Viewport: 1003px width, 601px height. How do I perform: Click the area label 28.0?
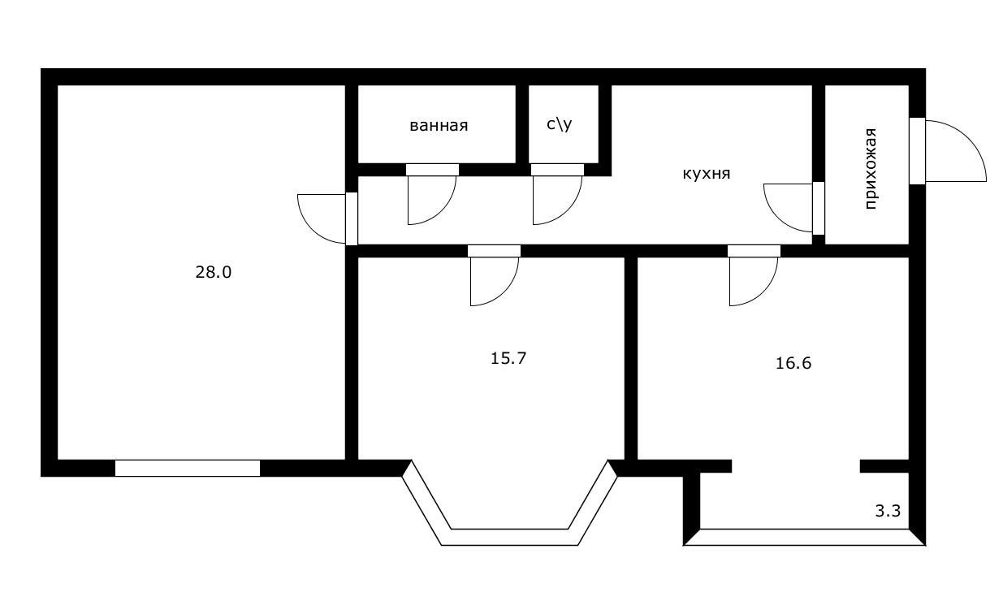(x=213, y=273)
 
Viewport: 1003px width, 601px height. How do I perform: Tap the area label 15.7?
(x=509, y=357)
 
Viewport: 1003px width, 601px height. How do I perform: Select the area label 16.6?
(x=793, y=363)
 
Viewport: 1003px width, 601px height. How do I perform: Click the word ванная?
(x=439, y=126)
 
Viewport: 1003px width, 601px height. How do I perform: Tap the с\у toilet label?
(x=559, y=124)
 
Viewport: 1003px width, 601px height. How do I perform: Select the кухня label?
(x=707, y=174)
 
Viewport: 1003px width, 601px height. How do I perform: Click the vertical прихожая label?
(x=871, y=169)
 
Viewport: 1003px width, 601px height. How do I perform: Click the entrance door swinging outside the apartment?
(x=950, y=153)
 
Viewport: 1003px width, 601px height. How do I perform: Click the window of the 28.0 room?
(x=187, y=468)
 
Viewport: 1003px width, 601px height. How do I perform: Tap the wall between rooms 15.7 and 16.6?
(x=630, y=357)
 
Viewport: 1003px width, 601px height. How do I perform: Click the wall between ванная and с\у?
(x=522, y=124)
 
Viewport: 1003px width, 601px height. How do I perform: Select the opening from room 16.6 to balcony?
(x=796, y=466)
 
